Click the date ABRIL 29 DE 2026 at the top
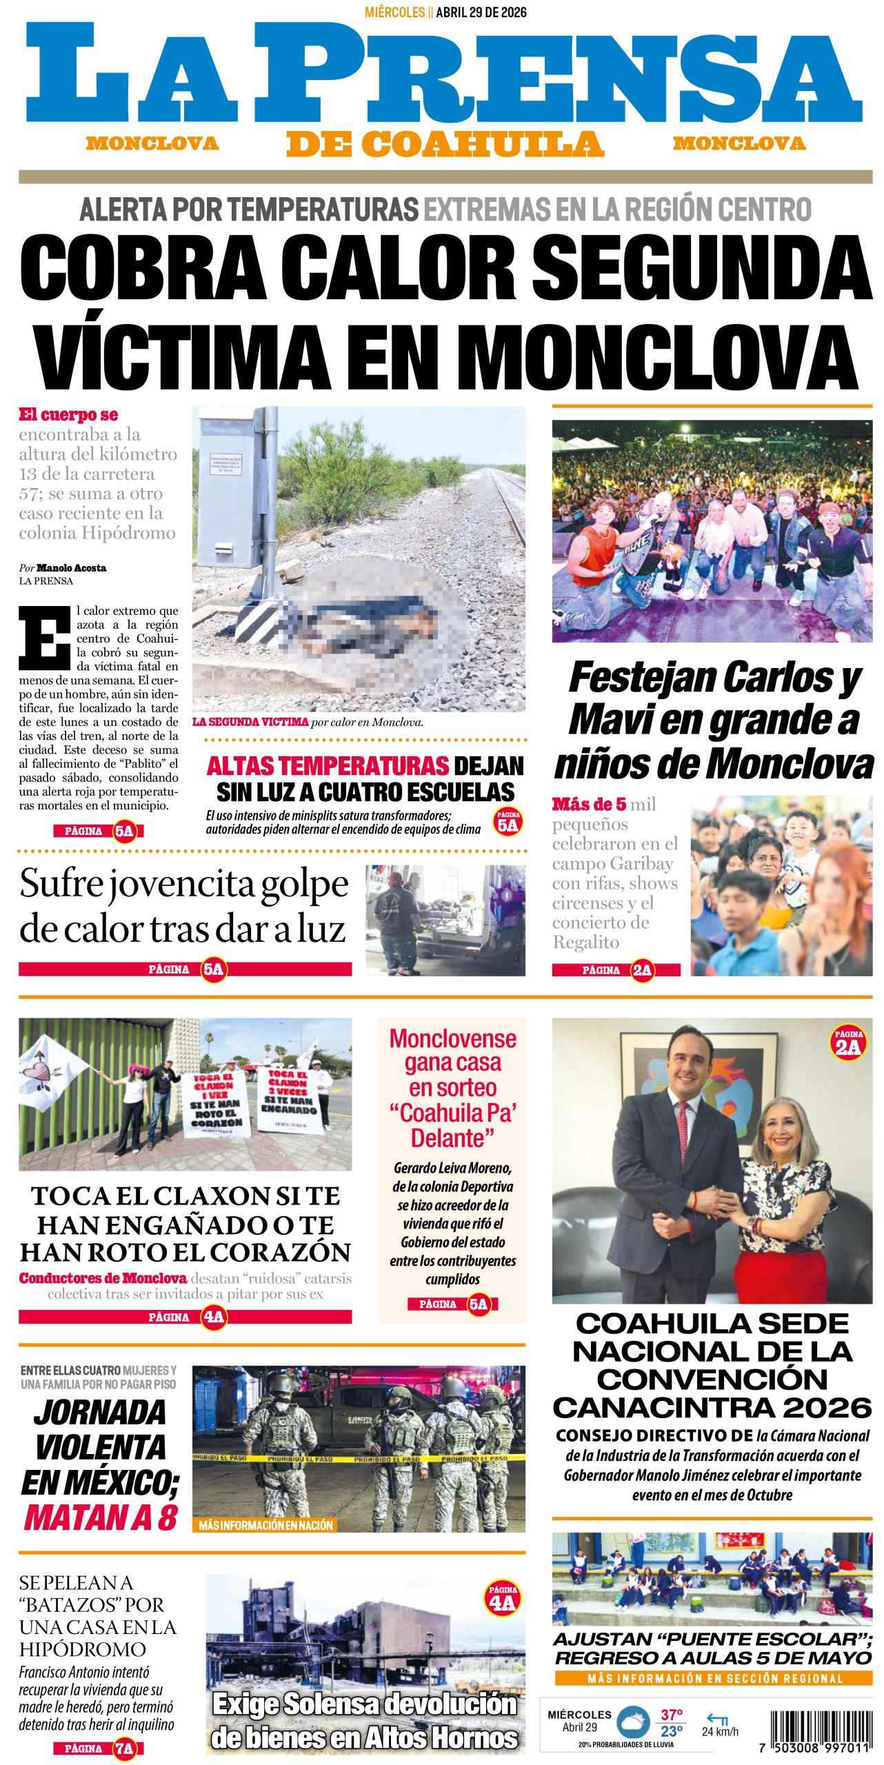(481, 12)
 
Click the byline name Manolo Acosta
(71, 568)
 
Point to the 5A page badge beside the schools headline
(508, 822)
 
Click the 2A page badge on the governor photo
(848, 1041)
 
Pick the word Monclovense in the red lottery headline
(452, 1038)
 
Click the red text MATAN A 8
(101, 1517)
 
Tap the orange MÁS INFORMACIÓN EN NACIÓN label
(265, 1525)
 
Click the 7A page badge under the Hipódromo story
(124, 1748)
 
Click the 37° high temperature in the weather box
(671, 1715)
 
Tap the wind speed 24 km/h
(719, 1731)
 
